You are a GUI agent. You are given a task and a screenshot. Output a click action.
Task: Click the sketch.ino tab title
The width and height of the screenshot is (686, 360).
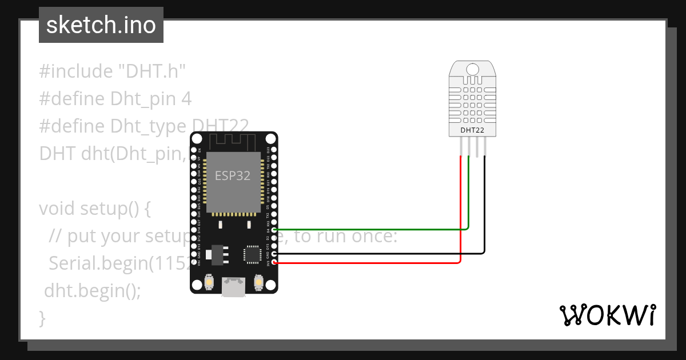101,25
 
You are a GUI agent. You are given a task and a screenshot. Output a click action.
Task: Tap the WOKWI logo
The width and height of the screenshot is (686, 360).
607,315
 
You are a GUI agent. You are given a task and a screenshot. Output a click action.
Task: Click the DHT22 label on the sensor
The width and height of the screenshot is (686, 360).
472,130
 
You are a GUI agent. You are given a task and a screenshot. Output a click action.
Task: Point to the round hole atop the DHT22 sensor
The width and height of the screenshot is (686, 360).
472,69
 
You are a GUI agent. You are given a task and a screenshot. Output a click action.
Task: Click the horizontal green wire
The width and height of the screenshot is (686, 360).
372,230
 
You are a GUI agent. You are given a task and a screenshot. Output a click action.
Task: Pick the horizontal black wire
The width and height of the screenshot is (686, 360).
377,253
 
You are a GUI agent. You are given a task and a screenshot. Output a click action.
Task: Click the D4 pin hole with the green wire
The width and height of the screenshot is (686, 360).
275,230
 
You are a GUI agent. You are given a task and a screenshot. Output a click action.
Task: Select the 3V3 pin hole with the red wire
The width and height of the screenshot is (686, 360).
275,263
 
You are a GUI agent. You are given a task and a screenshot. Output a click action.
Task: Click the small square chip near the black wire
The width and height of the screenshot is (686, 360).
252,254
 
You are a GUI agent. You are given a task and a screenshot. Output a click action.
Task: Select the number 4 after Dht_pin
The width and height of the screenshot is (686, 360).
186,99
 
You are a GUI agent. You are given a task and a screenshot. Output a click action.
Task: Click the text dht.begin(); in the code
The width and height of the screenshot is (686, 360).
93,290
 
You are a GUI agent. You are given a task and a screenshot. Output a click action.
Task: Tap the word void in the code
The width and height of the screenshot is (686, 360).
57,209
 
